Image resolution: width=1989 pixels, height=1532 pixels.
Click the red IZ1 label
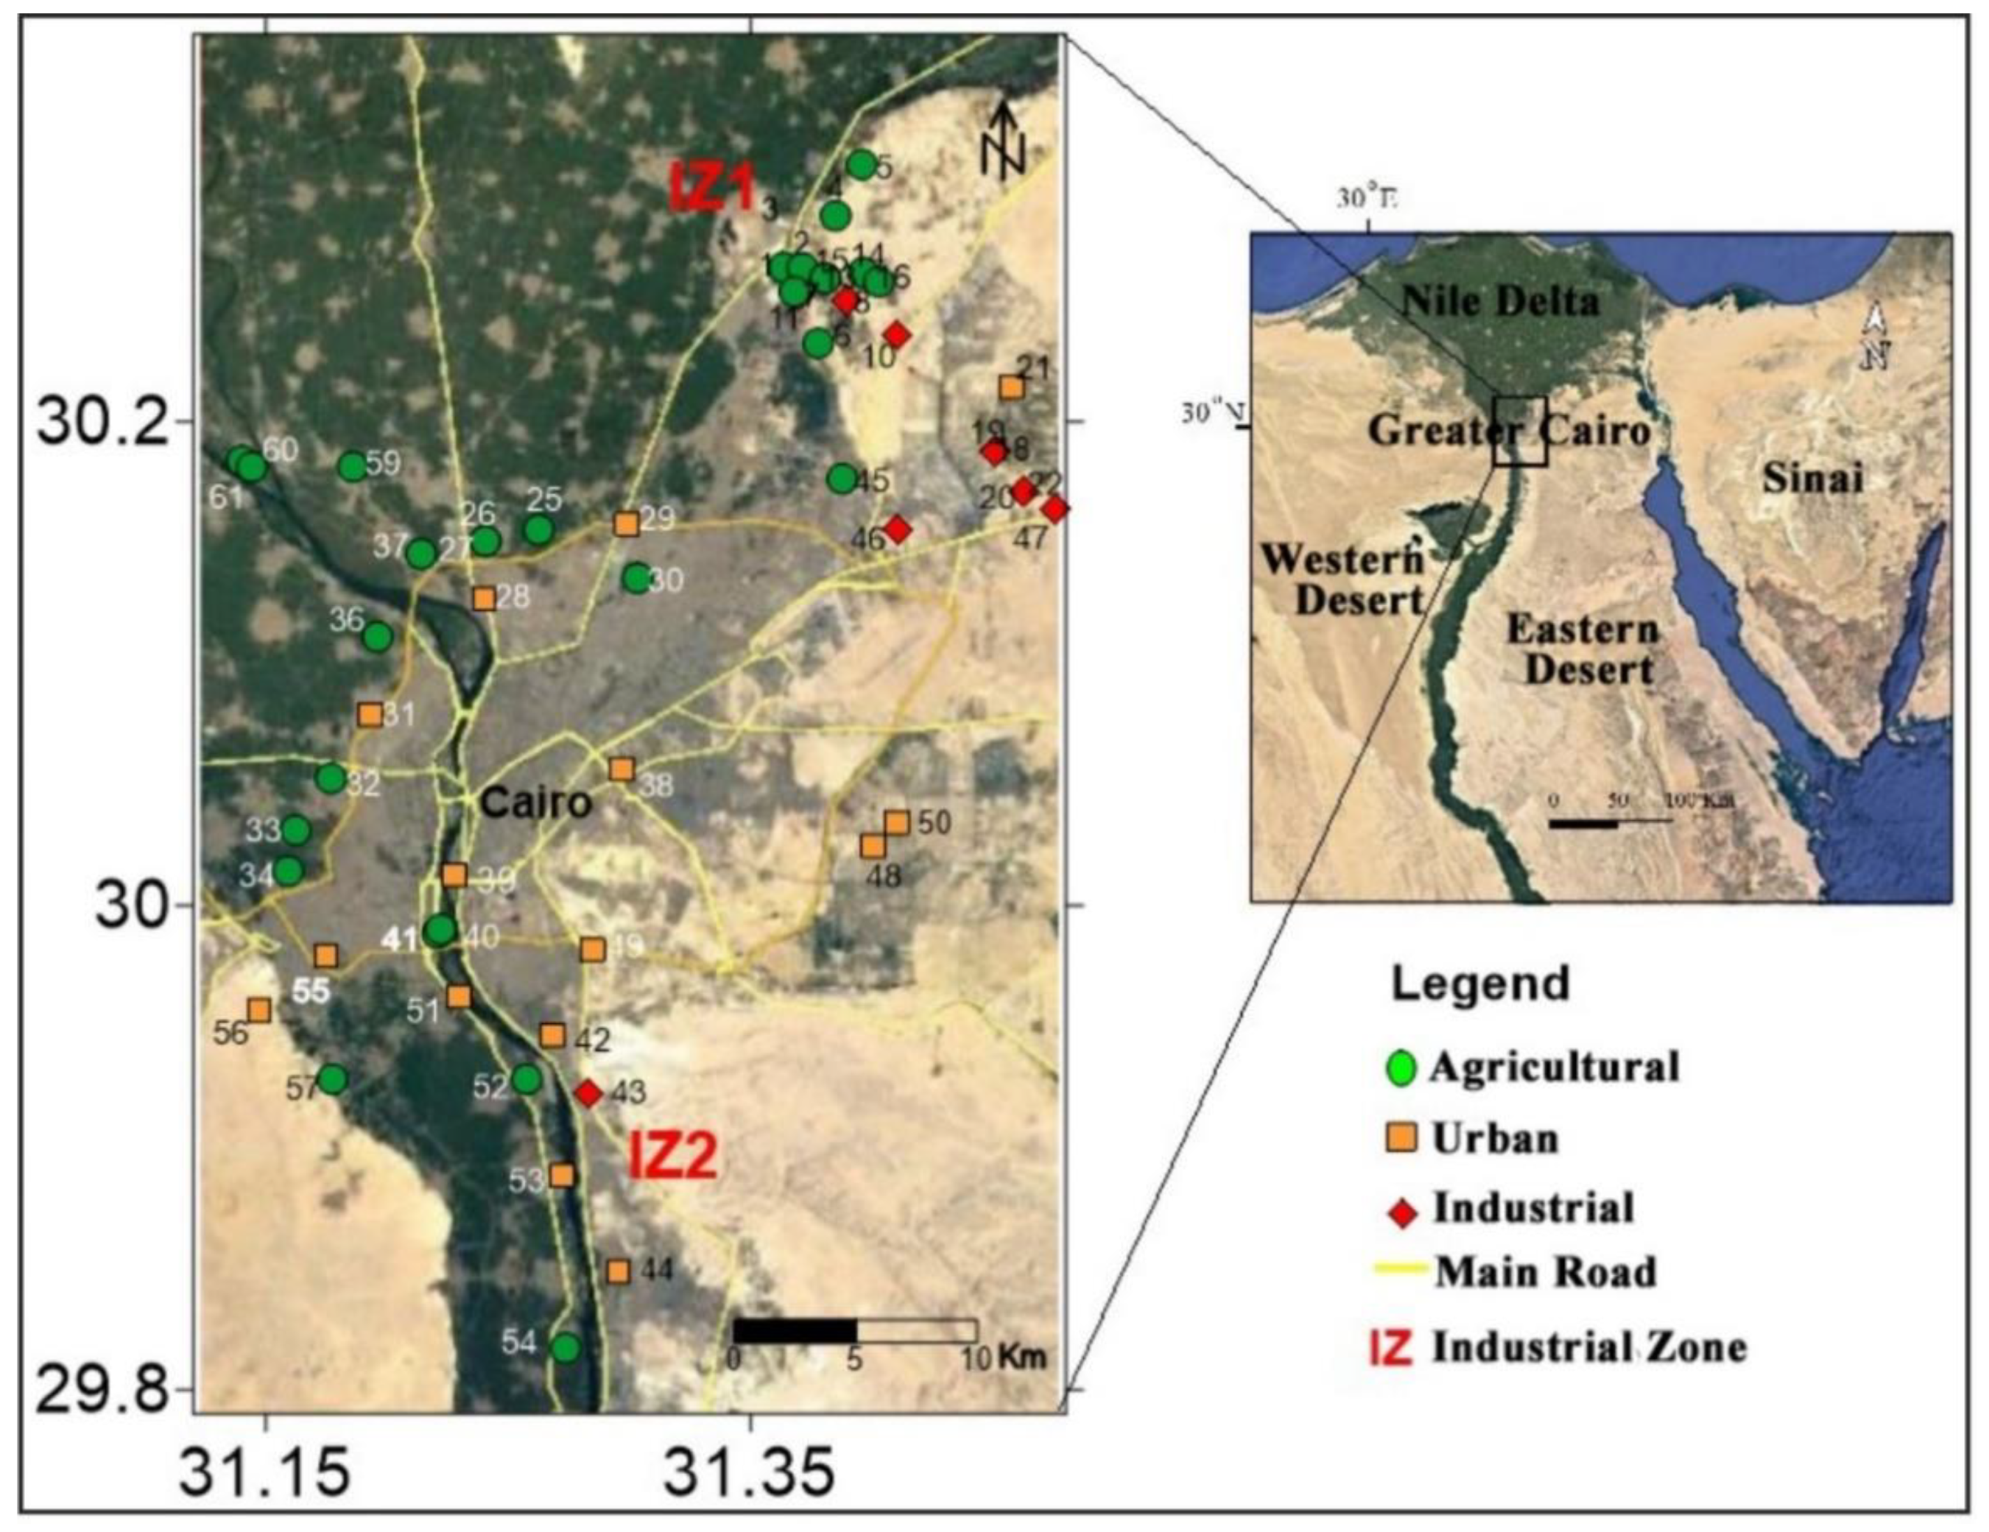coord(713,188)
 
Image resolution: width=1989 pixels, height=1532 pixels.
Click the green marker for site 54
coord(565,1347)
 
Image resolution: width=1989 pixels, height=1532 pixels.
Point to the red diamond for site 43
coord(589,1093)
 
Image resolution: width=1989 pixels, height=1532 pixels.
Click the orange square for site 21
coord(1012,387)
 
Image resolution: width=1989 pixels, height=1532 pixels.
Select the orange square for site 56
coord(260,1010)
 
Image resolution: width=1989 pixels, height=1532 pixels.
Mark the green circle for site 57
coord(334,1079)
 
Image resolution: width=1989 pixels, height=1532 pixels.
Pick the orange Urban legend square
coord(1403,1138)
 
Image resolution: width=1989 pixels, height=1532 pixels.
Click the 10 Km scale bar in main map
coord(854,1331)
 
